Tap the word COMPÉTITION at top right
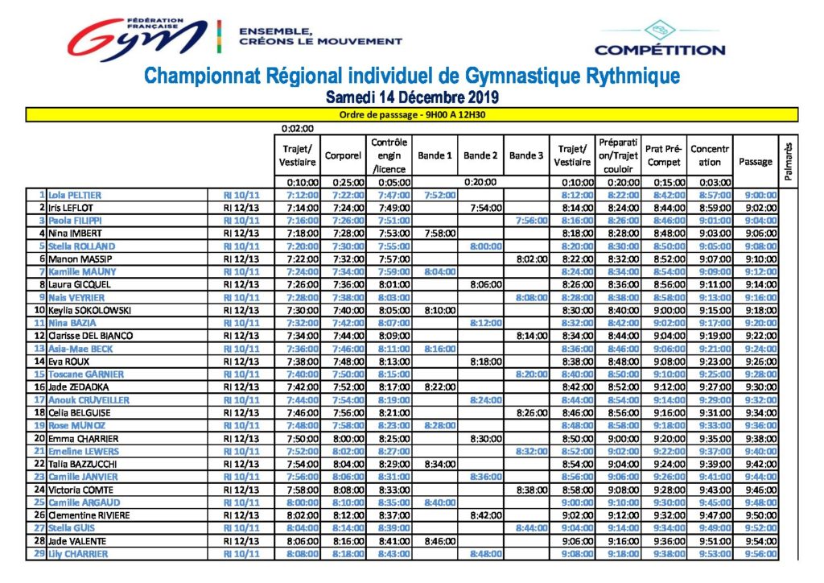660,51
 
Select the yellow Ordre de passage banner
412,114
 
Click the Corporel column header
343,155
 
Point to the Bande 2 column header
480,155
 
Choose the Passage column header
755,161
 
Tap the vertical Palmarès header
788,161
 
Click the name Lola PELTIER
75,195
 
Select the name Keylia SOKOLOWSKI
89,310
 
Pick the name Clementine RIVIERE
89,515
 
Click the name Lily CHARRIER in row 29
78,553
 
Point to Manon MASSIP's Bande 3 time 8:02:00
532,259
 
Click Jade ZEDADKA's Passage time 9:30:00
760,387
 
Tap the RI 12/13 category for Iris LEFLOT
241,208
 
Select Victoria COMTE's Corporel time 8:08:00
348,490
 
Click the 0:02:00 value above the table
298,128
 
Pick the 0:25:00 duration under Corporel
348,183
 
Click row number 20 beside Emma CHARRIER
40,438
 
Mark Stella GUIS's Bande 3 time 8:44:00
532,527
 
